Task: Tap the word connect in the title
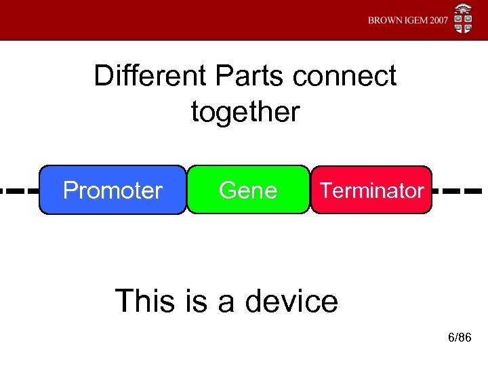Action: pos(345,76)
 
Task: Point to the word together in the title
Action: pos(245,112)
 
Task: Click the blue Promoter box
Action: pos(113,190)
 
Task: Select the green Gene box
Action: pos(248,190)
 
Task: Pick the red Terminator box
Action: pos(371,190)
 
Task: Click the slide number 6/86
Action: pos(460,338)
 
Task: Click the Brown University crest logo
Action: pos(464,20)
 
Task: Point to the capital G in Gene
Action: pos(228,190)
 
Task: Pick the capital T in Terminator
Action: pos(325,190)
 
